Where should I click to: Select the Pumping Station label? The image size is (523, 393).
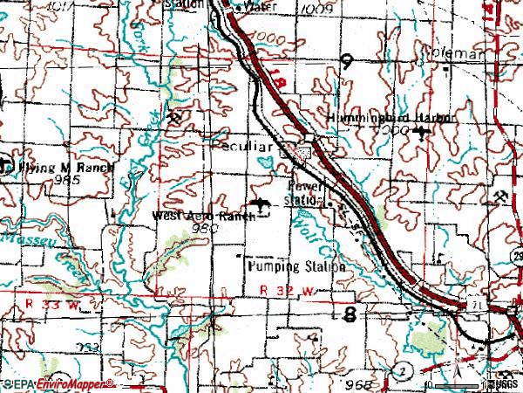(295, 265)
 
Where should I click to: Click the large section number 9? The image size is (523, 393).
(347, 62)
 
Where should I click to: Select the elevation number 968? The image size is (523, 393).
(369, 383)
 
